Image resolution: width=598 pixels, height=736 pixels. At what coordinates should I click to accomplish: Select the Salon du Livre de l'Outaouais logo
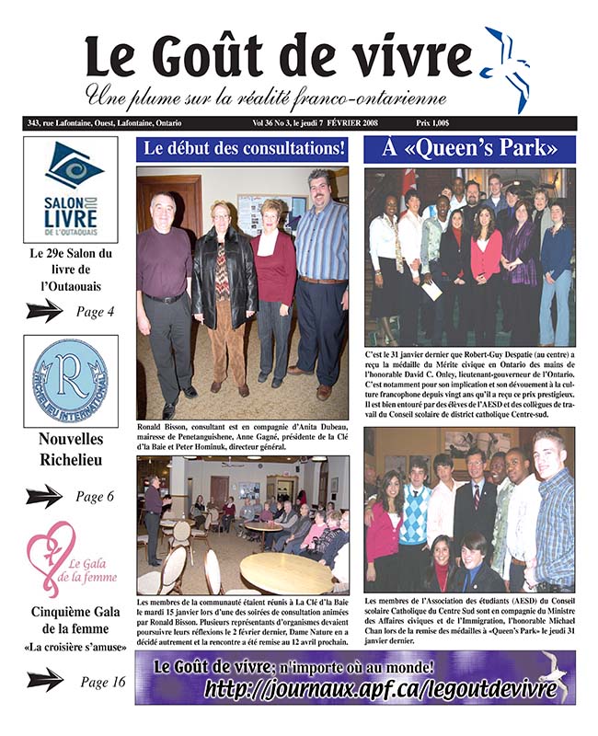(71, 190)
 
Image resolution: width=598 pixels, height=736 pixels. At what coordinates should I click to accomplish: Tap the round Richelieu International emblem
(71, 383)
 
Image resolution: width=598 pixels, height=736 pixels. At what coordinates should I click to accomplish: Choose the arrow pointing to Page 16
(45, 682)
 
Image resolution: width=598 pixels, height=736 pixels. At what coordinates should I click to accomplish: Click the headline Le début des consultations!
(243, 149)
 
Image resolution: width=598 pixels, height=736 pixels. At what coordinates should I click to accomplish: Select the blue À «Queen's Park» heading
(469, 149)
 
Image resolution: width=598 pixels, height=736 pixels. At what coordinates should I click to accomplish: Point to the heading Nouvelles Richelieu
(71, 451)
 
